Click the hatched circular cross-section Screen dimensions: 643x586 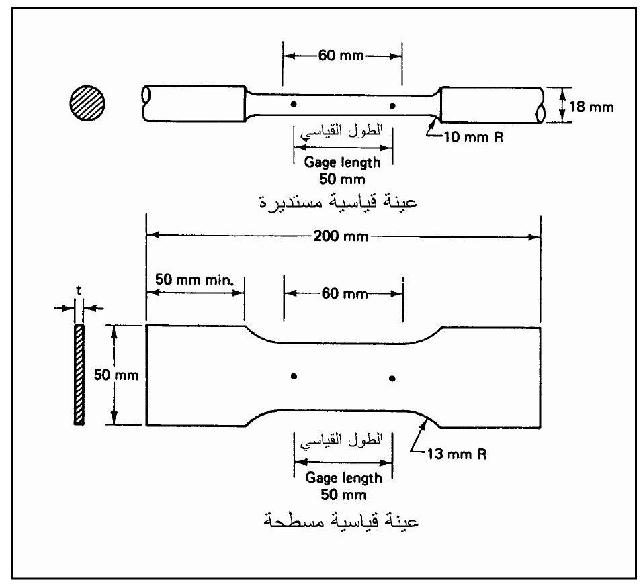click(x=87, y=103)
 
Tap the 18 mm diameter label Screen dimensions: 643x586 click(x=591, y=107)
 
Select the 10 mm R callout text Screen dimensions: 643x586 click(x=473, y=138)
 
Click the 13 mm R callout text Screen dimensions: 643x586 click(x=457, y=454)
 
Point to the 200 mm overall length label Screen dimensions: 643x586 click(x=341, y=236)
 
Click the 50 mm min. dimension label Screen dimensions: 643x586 click(x=194, y=280)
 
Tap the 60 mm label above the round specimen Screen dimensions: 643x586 click(x=341, y=55)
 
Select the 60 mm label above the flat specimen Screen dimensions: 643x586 click(x=345, y=293)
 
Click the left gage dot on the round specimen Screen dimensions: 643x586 click(x=294, y=104)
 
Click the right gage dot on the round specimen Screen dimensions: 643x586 click(x=392, y=106)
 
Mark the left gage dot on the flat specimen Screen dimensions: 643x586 click(x=294, y=376)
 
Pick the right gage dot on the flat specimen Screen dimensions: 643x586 click(x=392, y=378)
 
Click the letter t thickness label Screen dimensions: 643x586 click(x=79, y=291)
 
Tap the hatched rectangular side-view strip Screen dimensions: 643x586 click(x=79, y=375)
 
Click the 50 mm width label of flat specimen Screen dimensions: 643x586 click(x=116, y=375)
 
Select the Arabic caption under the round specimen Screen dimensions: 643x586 click(x=339, y=201)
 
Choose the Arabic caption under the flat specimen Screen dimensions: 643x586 click(x=341, y=520)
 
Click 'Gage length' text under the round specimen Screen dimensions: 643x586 click(x=342, y=162)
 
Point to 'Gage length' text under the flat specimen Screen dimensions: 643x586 click(x=343, y=478)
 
